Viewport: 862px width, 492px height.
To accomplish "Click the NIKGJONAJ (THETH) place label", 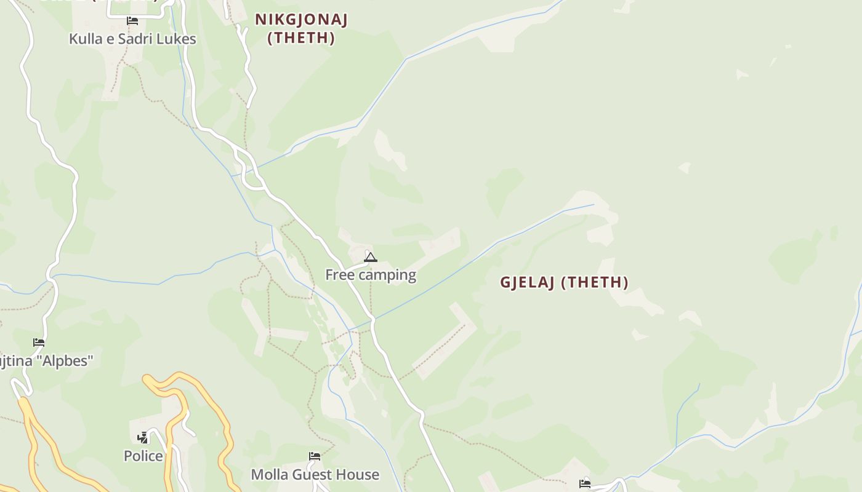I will [301, 28].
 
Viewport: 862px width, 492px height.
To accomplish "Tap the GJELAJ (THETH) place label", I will [564, 282].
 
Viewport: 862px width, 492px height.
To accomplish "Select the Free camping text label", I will [371, 275].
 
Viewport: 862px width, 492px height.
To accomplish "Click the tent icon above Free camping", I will [370, 257].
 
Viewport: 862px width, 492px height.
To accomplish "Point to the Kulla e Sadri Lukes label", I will [132, 39].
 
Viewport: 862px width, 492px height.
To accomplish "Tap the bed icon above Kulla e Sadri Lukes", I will [132, 21].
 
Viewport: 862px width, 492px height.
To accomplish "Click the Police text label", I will [143, 456].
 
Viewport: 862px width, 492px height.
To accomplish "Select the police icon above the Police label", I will [143, 437].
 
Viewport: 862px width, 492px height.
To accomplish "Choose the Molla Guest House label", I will [315, 474].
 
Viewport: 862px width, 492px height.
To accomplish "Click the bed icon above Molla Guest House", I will [315, 456].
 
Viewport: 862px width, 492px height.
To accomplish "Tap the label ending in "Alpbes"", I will [46, 360].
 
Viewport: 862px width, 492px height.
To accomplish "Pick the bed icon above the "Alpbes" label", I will [39, 343].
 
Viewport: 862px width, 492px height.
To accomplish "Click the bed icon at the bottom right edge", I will [585, 484].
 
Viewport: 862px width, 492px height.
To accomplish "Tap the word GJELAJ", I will [528, 282].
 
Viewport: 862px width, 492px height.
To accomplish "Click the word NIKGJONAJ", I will [301, 20].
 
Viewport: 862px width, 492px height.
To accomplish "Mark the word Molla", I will [270, 474].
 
